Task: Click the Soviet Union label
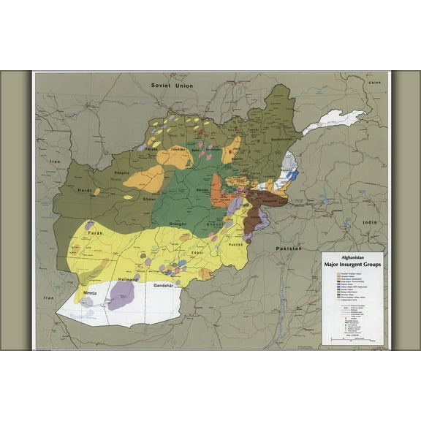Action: [172, 85]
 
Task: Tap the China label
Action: [376, 84]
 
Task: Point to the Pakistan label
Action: [289, 249]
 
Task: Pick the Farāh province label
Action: [96, 232]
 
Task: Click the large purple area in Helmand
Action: [121, 295]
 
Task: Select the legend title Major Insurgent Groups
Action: [354, 265]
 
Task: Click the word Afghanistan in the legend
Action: [354, 257]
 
